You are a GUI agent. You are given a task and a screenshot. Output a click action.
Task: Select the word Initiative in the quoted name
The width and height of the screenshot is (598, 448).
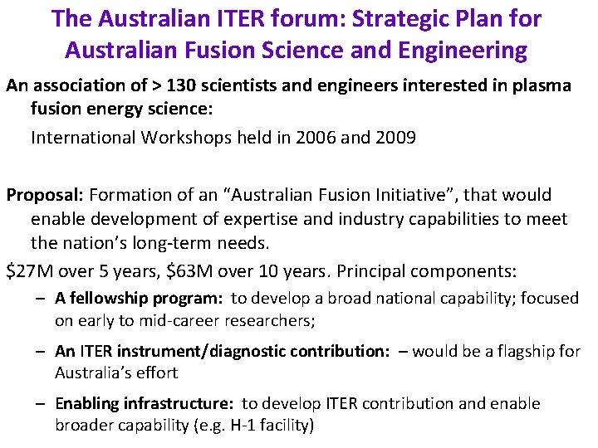tap(410, 196)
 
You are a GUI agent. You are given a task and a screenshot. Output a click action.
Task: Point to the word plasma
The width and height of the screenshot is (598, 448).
tap(543, 86)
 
